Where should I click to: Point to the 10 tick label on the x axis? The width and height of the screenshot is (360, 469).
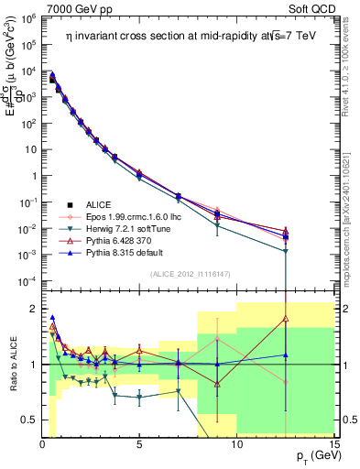tap(236, 444)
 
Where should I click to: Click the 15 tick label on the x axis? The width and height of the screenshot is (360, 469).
tap(333, 444)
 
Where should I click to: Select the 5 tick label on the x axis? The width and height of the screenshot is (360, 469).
tap(139, 444)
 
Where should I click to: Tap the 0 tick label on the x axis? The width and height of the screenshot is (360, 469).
tap(43, 444)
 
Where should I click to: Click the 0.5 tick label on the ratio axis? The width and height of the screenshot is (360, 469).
tap(29, 420)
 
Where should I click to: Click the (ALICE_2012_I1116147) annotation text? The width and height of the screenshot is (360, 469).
tap(184, 274)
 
